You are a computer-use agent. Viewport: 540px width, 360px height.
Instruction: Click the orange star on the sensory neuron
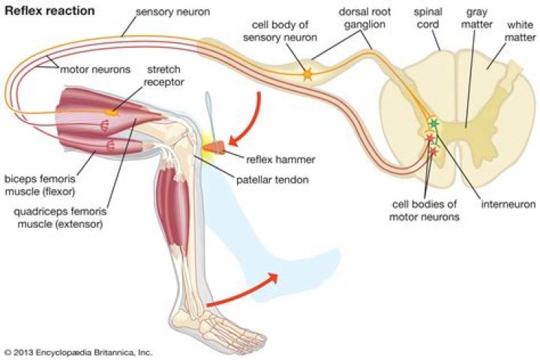click(307, 74)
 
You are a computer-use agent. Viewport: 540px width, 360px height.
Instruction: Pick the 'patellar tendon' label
click(273, 180)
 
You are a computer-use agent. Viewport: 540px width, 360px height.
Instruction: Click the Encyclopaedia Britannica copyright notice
click(78, 351)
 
